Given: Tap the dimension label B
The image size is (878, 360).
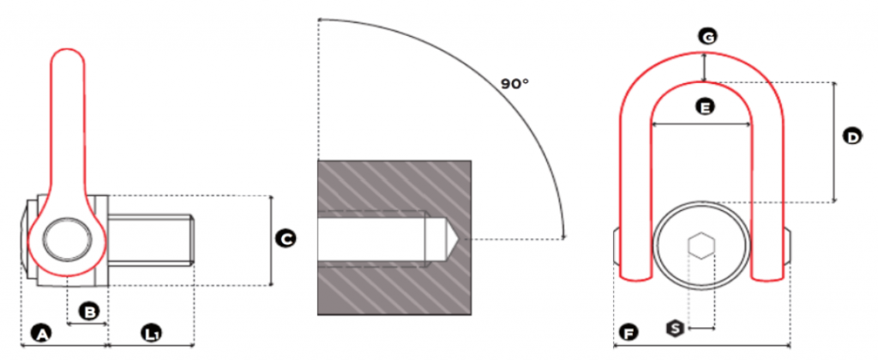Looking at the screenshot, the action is (x=88, y=311).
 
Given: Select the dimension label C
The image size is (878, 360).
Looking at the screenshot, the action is (x=286, y=240).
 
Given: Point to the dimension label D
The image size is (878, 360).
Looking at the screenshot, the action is (x=853, y=136).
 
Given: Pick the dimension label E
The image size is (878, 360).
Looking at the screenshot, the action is (x=705, y=106).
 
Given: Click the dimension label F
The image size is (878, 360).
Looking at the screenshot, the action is (x=629, y=334).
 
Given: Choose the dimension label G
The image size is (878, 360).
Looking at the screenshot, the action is (x=707, y=38).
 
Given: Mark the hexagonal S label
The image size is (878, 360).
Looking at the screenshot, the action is (x=676, y=328).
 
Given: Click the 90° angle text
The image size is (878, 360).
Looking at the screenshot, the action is (x=514, y=84).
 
